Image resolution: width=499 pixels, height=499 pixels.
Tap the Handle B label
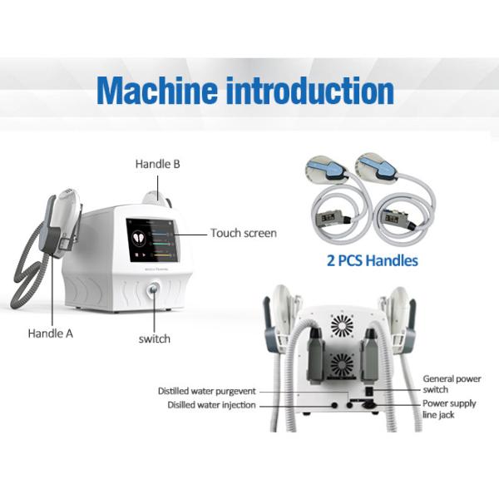[x=158, y=165]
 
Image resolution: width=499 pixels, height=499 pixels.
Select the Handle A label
[x=52, y=333]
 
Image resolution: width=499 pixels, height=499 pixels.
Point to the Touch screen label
[x=243, y=233]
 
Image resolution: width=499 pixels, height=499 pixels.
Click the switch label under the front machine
[x=154, y=338]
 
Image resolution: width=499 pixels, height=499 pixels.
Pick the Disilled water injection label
[x=207, y=406]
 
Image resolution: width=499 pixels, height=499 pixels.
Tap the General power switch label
[x=452, y=384]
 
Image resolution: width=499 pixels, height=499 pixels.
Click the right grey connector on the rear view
[x=371, y=353]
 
